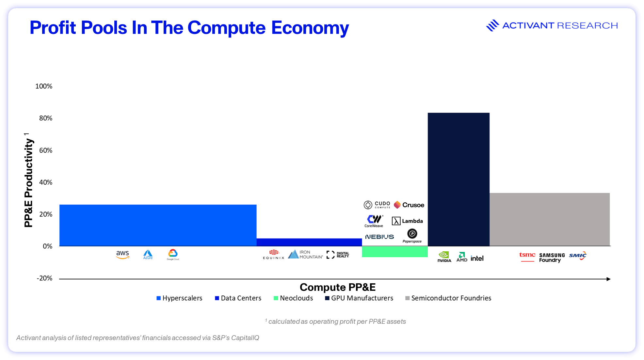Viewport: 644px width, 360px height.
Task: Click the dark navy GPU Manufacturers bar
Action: tap(458, 179)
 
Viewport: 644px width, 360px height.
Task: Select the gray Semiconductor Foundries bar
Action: tap(549, 219)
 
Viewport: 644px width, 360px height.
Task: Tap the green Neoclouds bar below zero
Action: tap(394, 252)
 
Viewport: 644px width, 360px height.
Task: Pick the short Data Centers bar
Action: tap(309, 242)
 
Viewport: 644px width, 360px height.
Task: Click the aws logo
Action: tap(122, 255)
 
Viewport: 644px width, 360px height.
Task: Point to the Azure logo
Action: tap(148, 255)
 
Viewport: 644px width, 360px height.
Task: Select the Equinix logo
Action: tap(274, 255)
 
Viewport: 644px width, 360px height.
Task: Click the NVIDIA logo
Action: tap(444, 257)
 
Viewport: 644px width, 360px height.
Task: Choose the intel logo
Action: tap(477, 258)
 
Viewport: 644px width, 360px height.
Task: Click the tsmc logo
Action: tap(527, 256)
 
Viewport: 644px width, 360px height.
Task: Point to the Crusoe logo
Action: tap(409, 205)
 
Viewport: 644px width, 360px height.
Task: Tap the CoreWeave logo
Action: tap(374, 221)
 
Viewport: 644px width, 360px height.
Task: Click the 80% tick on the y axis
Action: tap(46, 118)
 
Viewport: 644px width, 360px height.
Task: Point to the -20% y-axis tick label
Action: tap(44, 278)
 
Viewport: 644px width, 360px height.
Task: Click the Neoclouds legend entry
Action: tap(293, 298)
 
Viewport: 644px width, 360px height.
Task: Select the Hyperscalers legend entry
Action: tap(179, 298)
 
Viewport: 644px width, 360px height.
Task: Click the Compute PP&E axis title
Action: tap(337, 287)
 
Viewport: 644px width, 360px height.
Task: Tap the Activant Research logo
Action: tap(552, 25)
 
